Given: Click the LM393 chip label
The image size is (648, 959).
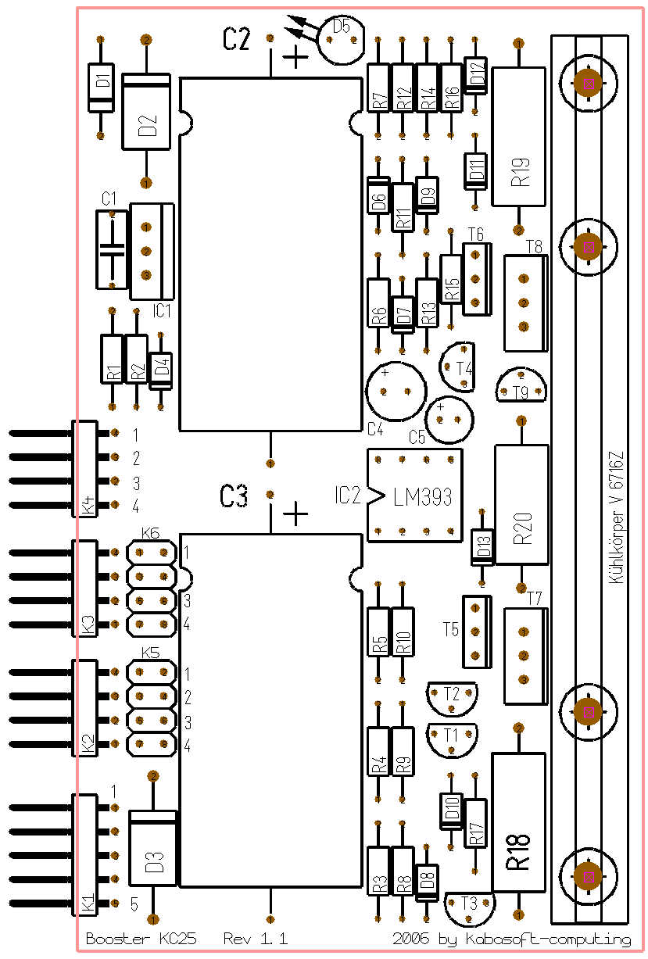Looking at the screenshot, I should click(x=423, y=497).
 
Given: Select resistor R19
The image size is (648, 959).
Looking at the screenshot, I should click(x=518, y=137).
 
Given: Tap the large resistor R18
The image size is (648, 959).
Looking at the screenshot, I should click(x=517, y=821).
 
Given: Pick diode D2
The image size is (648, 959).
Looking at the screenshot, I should click(x=146, y=110).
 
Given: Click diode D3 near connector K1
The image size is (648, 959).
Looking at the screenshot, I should click(x=154, y=848).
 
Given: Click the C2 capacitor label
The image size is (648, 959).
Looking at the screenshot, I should click(x=236, y=40).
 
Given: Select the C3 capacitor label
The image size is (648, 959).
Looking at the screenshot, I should click(x=234, y=496).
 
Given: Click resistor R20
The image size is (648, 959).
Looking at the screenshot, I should click(x=521, y=504).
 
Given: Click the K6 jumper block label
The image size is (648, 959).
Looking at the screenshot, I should click(x=150, y=533).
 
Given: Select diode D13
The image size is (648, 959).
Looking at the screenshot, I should click(x=482, y=548).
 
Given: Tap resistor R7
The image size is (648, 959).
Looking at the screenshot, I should click(x=378, y=90).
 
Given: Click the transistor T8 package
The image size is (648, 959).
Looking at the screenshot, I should click(x=524, y=303).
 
